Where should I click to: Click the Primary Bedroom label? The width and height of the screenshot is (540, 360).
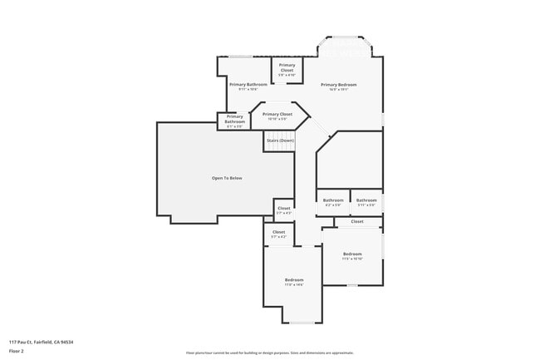coord(339,84)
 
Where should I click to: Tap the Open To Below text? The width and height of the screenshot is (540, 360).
coord(227,178)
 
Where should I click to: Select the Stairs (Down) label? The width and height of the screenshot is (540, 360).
coord(280,141)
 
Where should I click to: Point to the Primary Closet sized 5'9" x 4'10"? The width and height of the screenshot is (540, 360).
coord(287,69)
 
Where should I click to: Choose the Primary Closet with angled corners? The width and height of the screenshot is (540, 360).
coord(277,116)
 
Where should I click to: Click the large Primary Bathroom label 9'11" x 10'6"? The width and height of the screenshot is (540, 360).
coord(248,86)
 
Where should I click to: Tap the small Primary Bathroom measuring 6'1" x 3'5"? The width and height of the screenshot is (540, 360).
coord(234,121)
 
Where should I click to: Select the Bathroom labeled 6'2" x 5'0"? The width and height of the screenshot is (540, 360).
coord(333,201)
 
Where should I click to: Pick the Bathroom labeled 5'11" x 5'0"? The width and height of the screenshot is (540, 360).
coord(366,201)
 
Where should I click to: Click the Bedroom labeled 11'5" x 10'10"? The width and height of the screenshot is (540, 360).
coord(352,255)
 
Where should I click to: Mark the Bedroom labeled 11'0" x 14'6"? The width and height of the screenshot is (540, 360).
coord(294,281)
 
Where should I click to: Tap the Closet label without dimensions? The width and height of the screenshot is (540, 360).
coord(357,221)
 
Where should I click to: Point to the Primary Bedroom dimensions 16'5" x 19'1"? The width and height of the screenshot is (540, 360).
coord(339,90)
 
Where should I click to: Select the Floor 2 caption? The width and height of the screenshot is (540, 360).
coord(17,350)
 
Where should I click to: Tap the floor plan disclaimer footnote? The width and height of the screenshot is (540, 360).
coord(269,353)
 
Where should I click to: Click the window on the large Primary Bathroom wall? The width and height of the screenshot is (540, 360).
coord(240,57)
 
